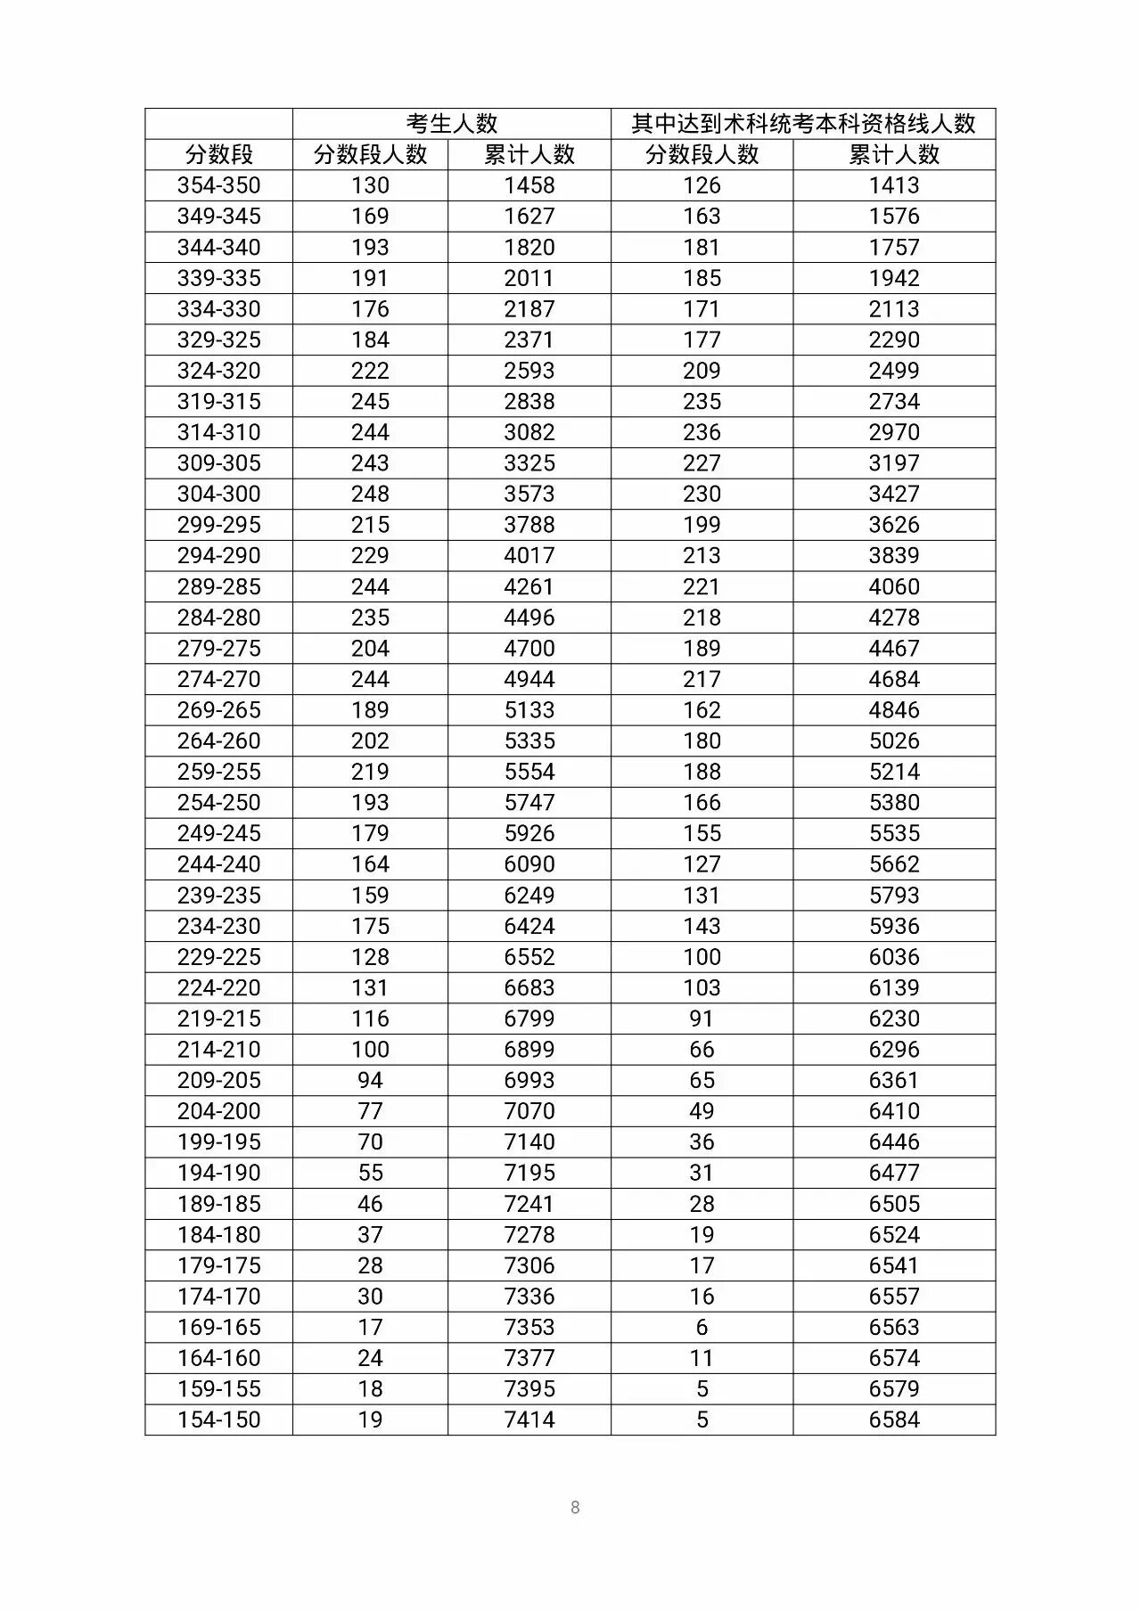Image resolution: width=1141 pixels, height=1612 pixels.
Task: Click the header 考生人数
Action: (451, 124)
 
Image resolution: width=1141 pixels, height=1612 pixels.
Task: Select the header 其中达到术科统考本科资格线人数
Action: (803, 124)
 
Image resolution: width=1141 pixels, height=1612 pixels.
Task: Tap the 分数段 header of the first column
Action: (218, 155)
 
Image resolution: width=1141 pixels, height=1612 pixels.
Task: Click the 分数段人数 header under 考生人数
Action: (370, 155)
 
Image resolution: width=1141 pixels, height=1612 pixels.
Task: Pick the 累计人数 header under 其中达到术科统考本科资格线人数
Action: (894, 155)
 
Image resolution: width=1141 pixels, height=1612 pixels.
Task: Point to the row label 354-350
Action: (218, 185)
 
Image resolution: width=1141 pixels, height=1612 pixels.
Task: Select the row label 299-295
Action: (218, 525)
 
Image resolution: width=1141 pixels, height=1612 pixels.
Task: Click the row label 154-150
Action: (218, 1420)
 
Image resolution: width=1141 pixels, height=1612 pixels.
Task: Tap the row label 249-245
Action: (218, 833)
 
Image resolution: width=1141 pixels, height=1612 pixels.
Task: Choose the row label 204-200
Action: (218, 1111)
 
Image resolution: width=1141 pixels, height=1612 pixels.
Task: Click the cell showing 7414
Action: (529, 1420)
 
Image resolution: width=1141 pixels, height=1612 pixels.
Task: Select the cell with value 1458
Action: (529, 185)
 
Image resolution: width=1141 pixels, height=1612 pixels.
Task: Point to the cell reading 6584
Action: (894, 1420)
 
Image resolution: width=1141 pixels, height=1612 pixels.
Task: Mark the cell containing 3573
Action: (529, 494)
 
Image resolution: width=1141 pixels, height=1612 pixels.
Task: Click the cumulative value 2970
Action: (894, 432)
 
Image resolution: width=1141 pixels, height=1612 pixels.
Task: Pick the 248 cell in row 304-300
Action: (370, 494)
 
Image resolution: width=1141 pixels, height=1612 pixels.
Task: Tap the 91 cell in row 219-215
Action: (702, 1019)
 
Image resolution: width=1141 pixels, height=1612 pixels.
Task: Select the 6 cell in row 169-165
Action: (702, 1327)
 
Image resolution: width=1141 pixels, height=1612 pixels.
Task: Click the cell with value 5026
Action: (894, 741)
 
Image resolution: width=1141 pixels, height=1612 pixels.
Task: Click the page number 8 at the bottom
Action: (575, 1508)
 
